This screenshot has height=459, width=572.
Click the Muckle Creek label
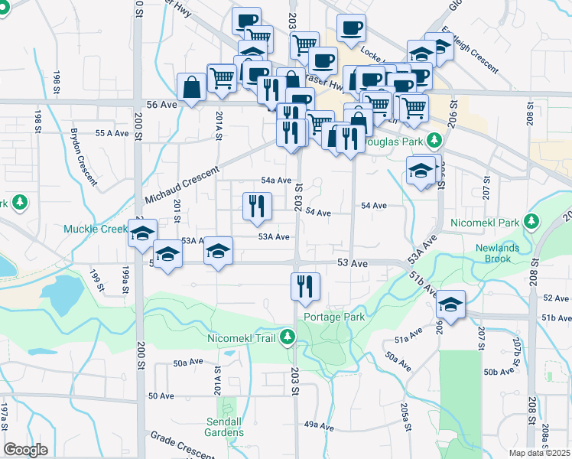[96, 229]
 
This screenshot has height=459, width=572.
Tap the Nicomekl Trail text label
[241, 336]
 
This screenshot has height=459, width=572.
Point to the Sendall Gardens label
[225, 427]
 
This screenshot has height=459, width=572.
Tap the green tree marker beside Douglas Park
[434, 141]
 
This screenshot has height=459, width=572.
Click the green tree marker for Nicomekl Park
[533, 222]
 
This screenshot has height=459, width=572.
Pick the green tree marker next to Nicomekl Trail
[287, 336]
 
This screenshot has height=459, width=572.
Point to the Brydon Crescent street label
[83, 156]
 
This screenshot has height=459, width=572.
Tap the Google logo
[25, 450]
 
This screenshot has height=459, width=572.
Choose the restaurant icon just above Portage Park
[305, 287]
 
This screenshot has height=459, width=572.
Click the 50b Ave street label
[501, 372]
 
